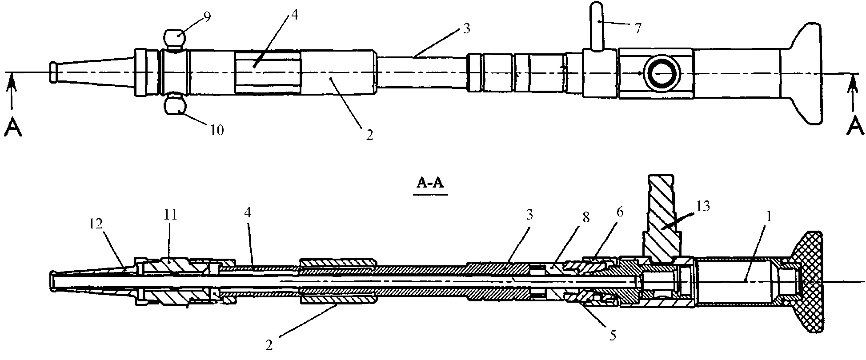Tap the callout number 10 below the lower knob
pos(217,130)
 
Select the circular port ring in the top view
pos(662,73)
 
